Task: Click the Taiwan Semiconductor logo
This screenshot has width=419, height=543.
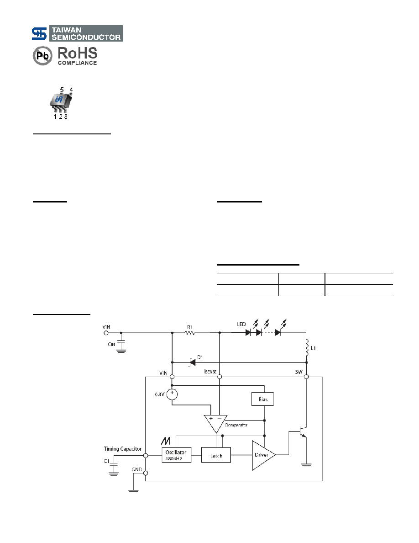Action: tap(77, 33)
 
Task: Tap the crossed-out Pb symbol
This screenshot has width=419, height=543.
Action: tap(42, 56)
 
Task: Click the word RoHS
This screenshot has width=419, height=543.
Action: tap(78, 53)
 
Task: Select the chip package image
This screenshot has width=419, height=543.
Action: tap(62, 103)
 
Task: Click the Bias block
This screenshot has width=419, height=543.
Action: tap(262, 399)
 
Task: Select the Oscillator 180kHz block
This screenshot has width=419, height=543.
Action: tap(176, 455)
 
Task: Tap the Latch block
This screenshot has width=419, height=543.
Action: tap(216, 455)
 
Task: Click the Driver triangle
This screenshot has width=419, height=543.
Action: tap(263, 455)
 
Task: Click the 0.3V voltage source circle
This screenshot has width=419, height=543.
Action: tap(172, 394)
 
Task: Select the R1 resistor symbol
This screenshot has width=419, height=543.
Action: tap(190, 333)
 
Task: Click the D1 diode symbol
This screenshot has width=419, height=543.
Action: tap(192, 362)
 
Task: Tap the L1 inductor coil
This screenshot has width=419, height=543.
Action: tap(307, 348)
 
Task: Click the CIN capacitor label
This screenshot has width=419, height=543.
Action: tap(111, 344)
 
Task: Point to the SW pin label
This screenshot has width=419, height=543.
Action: tap(299, 372)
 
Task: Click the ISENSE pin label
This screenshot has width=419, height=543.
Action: tap(210, 372)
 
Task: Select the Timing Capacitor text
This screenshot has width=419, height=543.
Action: tap(123, 449)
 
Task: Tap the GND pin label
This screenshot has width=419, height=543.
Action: tap(136, 469)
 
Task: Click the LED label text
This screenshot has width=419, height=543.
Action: tap(241, 324)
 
